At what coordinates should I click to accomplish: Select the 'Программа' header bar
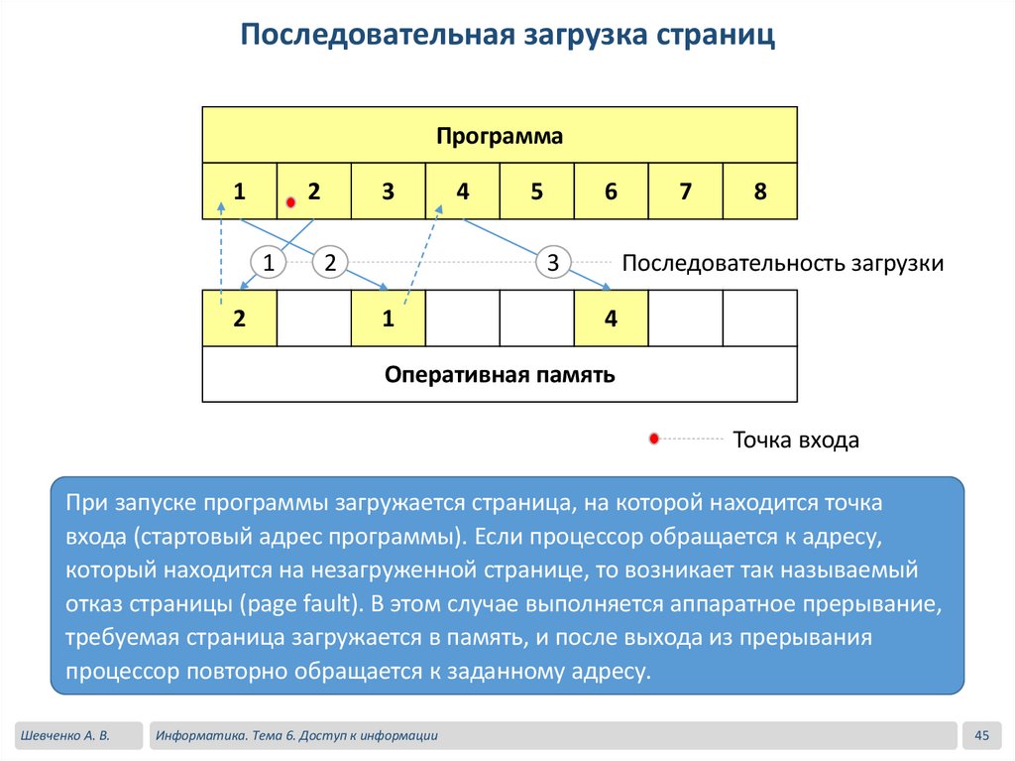(x=500, y=135)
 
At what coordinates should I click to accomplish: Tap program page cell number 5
(x=536, y=191)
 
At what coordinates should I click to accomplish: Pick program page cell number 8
(x=760, y=191)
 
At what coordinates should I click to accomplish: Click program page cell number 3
(x=388, y=191)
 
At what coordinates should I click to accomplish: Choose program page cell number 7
(x=686, y=191)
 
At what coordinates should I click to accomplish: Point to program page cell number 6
(x=611, y=191)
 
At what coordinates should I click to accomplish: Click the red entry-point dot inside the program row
(x=290, y=202)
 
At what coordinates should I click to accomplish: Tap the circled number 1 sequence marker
(x=268, y=263)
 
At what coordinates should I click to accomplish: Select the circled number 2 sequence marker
(x=330, y=263)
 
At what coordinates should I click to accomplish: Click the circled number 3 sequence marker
(x=553, y=263)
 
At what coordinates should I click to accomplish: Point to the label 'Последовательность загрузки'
(x=782, y=264)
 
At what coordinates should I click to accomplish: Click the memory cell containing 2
(x=239, y=318)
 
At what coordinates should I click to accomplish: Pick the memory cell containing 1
(x=388, y=318)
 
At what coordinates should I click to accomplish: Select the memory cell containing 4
(x=611, y=318)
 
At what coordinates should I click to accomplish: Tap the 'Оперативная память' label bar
(x=500, y=375)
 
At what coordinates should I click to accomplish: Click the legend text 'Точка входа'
(x=795, y=440)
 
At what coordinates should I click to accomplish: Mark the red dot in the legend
(x=653, y=439)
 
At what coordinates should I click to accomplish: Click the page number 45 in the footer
(x=982, y=735)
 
